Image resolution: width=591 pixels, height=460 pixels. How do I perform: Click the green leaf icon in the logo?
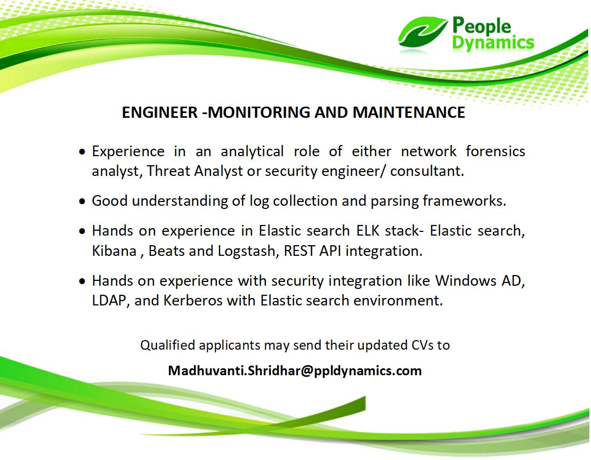point(422,33)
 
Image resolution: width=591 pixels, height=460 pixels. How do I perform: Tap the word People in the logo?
point(481,26)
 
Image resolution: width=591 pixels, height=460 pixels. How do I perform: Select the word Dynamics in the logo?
point(493,43)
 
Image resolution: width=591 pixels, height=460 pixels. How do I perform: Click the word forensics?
point(495,151)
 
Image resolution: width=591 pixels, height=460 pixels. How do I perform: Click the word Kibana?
point(114,251)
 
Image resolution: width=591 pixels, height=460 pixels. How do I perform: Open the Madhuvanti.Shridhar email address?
point(295,370)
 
